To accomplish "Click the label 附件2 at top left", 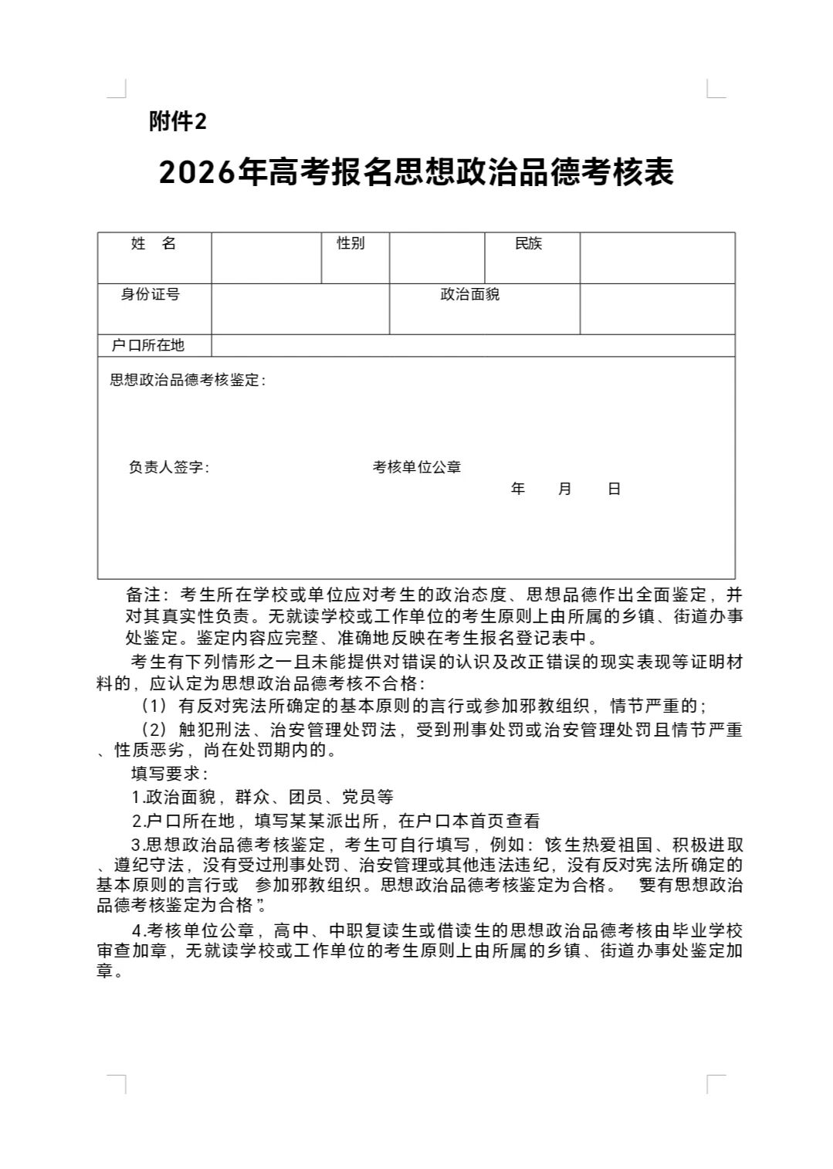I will tap(178, 121).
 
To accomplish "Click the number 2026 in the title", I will tap(196, 172).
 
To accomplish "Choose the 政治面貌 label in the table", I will tap(470, 294).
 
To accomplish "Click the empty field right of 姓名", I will tap(266, 258).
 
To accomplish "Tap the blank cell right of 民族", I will tap(657, 258).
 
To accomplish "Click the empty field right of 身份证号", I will tap(300, 309).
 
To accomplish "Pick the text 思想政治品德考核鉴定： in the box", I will tap(188, 380).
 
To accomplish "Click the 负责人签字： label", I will tap(169, 467).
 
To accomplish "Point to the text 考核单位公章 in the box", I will tap(417, 467).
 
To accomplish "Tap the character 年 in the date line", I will tap(518, 489).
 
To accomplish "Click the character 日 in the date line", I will tap(615, 489).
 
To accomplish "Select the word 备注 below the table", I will tap(143, 595).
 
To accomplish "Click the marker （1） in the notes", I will tap(154, 706).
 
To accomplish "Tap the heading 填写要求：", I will tap(169, 773).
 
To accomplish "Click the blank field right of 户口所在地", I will tap(472, 345).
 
